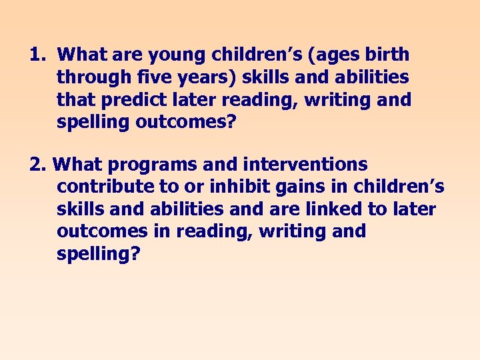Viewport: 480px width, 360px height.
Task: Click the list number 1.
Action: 37,54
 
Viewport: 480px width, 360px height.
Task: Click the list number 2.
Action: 37,164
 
